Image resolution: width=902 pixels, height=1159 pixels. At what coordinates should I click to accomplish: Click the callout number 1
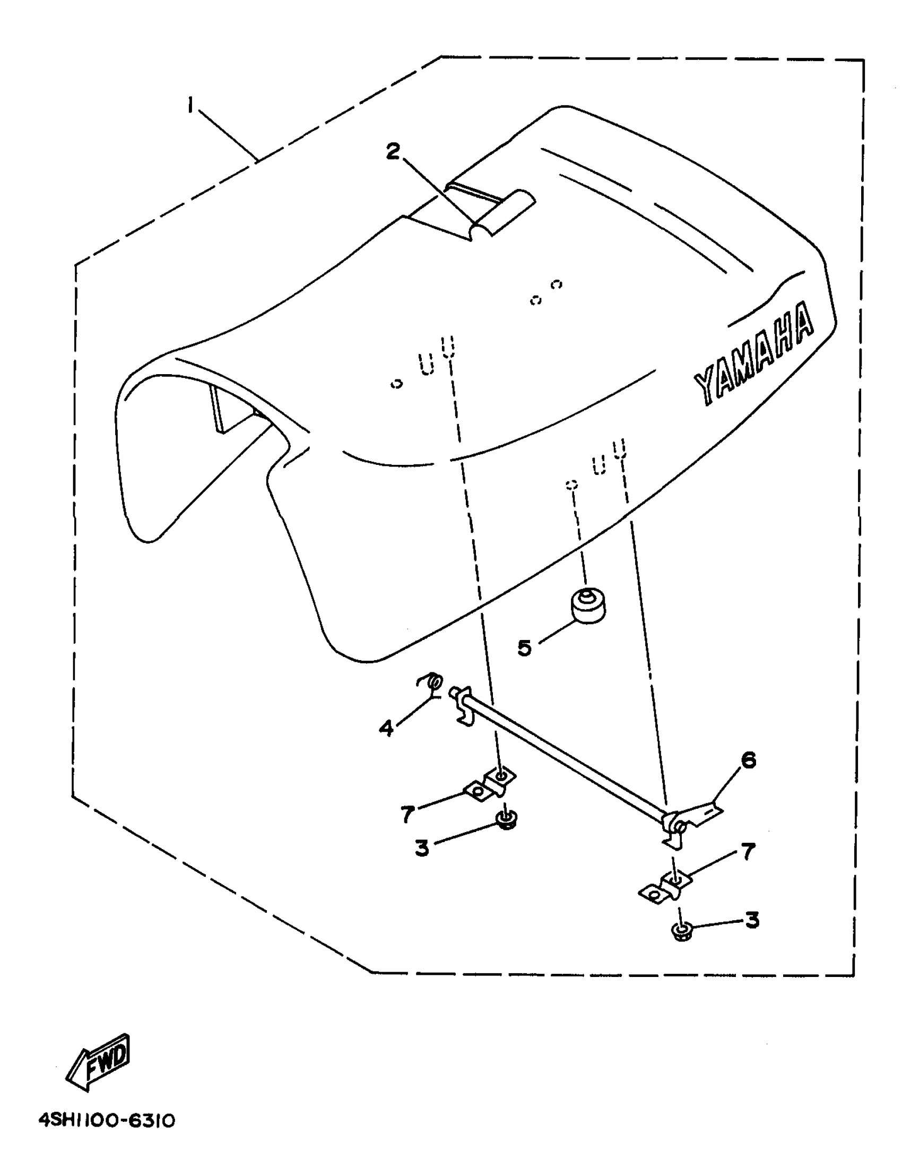190,105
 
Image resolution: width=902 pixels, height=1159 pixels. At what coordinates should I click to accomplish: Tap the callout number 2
393,152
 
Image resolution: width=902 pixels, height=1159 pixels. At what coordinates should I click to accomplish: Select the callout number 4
386,728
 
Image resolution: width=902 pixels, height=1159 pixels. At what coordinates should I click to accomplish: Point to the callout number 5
524,647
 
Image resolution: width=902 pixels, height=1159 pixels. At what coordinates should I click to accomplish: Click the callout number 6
748,760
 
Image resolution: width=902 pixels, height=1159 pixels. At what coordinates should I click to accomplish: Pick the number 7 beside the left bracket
407,814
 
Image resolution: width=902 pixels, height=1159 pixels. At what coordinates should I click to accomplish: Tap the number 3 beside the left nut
422,849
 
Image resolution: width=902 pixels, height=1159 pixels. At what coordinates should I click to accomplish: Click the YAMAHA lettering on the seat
753,361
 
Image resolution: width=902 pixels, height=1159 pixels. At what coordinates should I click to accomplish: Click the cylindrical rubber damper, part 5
588,606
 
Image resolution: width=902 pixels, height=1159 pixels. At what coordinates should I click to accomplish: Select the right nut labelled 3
682,931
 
